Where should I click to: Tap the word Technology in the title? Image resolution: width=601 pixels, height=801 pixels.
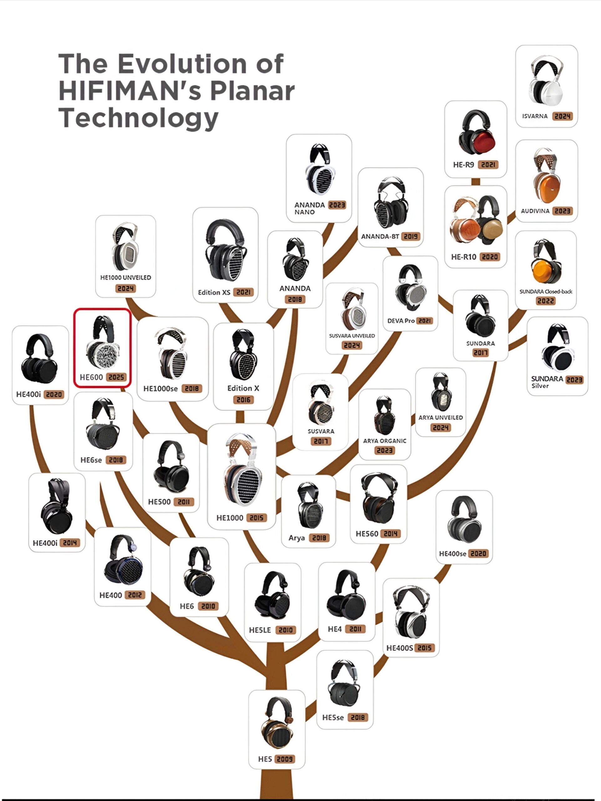click(x=138, y=118)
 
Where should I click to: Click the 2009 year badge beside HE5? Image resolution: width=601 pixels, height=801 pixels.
click(x=285, y=759)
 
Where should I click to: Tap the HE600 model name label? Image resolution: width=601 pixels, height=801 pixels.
click(x=91, y=377)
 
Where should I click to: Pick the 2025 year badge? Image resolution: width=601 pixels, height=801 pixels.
click(x=117, y=377)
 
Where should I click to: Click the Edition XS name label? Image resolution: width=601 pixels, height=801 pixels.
click(x=214, y=292)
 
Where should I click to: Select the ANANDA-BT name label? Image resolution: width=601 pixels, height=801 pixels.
click(x=380, y=237)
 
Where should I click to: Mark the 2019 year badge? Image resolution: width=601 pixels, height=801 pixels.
click(x=411, y=237)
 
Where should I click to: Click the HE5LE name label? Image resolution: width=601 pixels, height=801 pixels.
click(x=260, y=630)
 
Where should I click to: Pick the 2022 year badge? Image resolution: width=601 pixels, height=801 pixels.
click(x=546, y=301)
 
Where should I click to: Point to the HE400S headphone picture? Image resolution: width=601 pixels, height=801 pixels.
click(x=411, y=612)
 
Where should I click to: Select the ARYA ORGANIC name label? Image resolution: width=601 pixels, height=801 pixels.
click(x=385, y=441)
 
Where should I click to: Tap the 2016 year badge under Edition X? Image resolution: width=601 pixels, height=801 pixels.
click(x=243, y=400)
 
